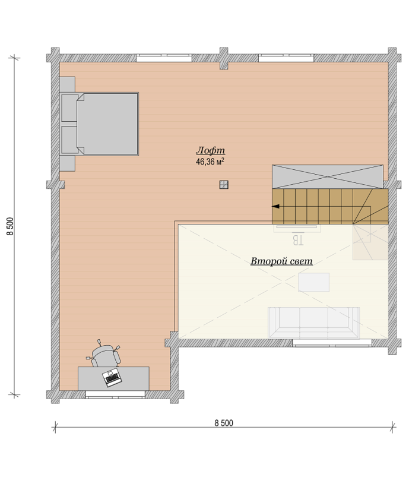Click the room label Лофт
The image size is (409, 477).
pos(210,150)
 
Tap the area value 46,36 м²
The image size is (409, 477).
pos(210,162)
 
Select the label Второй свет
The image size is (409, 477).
pos(281,261)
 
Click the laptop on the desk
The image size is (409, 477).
pos(112,377)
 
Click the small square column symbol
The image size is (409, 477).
pos(224,185)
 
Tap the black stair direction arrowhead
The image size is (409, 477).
pos(275,207)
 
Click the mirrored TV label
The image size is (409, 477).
pos(298,240)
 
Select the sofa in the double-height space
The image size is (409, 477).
pos(313,323)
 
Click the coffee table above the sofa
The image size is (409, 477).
pos(313,282)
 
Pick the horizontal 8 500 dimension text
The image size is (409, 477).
pos(224,423)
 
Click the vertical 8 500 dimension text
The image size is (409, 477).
pos(10,226)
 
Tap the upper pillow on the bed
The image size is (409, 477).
pos(69,108)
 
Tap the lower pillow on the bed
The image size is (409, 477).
pos(69,140)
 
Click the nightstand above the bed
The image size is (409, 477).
pos(67,84)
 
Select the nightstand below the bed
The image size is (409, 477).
pos(67,164)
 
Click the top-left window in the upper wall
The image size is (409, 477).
pos(164,58)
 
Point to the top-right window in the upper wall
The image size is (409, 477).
pos(286,58)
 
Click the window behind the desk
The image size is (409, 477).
pos(115,394)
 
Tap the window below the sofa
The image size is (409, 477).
pos(332,343)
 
